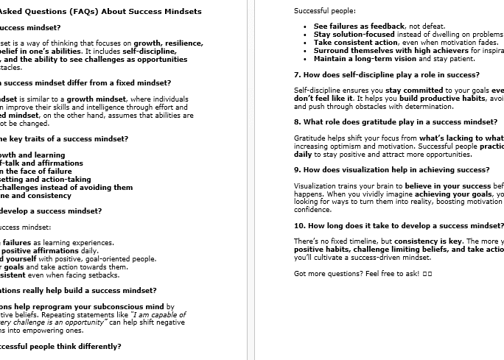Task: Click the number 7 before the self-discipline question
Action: coord(296,74)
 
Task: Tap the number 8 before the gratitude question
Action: coord(296,121)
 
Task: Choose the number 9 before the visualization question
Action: coord(296,169)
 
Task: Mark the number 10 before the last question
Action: coord(298,225)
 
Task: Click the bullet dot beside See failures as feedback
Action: coord(305,27)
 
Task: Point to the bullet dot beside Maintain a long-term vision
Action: coord(305,59)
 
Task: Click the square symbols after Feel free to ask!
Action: coord(427,273)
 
